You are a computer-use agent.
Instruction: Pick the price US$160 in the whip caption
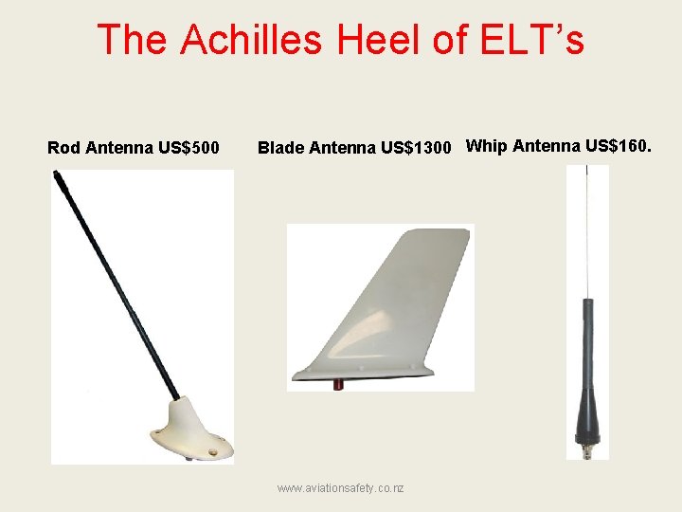(x=619, y=146)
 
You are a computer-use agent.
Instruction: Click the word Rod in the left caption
(x=63, y=148)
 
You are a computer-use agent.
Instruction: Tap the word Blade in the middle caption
(x=281, y=148)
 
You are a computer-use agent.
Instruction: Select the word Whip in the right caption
(x=488, y=146)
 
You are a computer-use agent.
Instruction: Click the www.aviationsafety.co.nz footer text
(x=340, y=487)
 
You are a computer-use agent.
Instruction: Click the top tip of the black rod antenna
(x=58, y=175)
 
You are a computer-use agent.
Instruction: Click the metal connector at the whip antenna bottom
(x=585, y=440)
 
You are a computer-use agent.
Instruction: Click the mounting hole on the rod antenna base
(x=213, y=455)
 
